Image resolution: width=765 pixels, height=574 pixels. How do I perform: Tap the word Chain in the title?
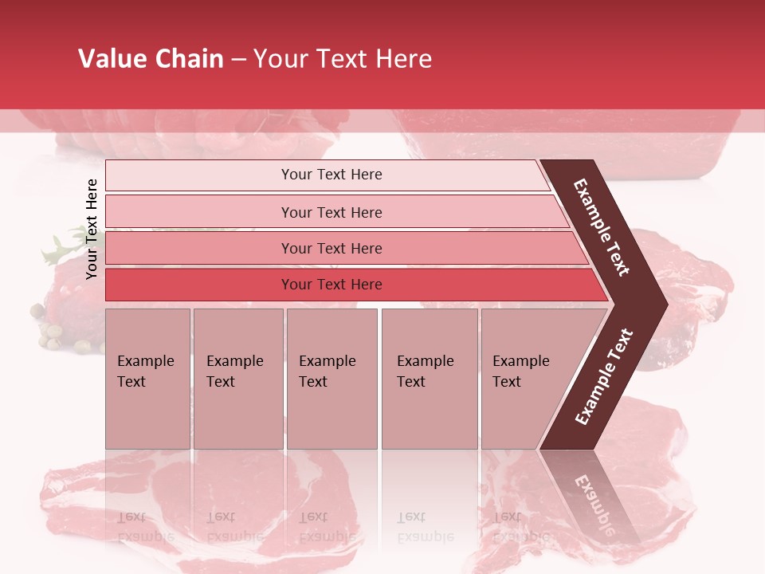pyautogui.click(x=189, y=59)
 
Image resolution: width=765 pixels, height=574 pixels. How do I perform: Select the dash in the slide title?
pyautogui.click(x=237, y=60)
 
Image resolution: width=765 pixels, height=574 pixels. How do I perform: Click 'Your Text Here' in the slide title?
pyautogui.click(x=343, y=59)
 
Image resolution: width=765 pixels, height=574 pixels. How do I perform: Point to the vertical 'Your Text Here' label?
pyautogui.click(x=92, y=229)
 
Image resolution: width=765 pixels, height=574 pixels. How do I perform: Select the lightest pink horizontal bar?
pyautogui.click(x=327, y=175)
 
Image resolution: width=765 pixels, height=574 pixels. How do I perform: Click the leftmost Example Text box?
pyautogui.click(x=147, y=379)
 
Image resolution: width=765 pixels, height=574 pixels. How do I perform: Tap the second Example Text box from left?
pyautogui.click(x=237, y=379)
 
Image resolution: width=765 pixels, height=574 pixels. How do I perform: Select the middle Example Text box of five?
pyautogui.click(x=331, y=379)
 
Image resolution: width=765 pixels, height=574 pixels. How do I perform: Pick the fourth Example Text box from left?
pyautogui.click(x=429, y=379)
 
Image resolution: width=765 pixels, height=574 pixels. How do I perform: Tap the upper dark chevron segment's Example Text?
pyautogui.click(x=602, y=227)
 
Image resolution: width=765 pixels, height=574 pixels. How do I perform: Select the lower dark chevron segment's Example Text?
pyautogui.click(x=604, y=376)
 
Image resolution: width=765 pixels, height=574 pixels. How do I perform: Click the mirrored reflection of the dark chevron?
pyautogui.click(x=594, y=494)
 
